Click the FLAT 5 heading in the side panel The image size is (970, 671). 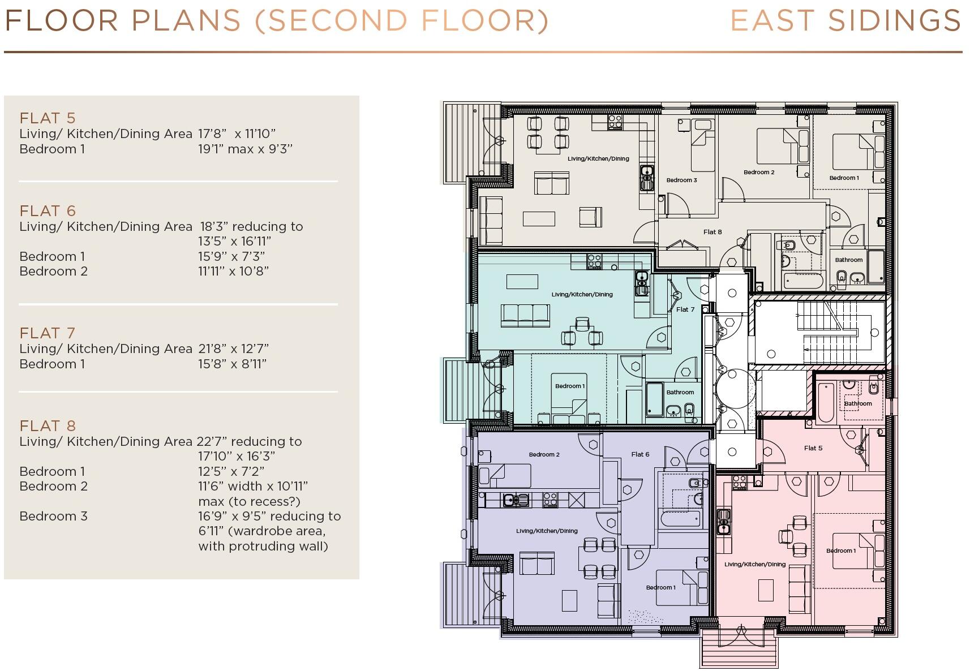click(x=48, y=118)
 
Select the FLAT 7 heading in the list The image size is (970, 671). click(x=48, y=333)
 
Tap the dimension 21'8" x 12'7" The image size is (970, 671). click(x=233, y=349)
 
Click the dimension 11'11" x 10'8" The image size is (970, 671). click(x=233, y=271)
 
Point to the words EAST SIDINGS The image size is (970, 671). click(x=845, y=21)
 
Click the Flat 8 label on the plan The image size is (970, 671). click(x=712, y=232)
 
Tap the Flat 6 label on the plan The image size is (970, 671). click(x=640, y=454)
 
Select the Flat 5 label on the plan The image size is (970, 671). click(x=813, y=448)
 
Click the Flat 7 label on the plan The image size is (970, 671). click(x=685, y=309)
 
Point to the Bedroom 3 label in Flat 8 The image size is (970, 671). click(x=681, y=180)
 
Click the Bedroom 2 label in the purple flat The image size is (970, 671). click(x=544, y=454)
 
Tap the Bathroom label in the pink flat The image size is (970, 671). click(x=857, y=403)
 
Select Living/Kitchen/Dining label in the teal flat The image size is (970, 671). click(x=582, y=294)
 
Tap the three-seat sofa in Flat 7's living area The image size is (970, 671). click(x=525, y=315)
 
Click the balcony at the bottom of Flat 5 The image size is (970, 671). click(x=739, y=648)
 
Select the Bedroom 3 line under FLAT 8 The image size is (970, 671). click(x=53, y=516)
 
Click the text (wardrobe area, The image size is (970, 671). click(x=261, y=531)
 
